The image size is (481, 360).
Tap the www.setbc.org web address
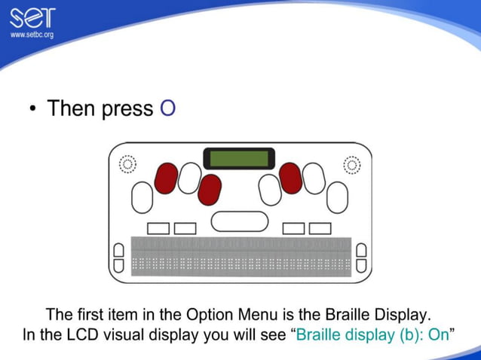click(31, 35)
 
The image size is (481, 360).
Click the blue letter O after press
click(167, 108)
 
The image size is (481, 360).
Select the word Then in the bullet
click(72, 108)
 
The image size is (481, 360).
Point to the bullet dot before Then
click(33, 110)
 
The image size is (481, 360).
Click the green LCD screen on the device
click(239, 159)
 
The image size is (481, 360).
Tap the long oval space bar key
click(239, 221)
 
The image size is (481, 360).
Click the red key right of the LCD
click(290, 178)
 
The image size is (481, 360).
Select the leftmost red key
click(165, 178)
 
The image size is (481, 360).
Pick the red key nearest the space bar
click(210, 190)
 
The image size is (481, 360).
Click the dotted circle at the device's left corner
click(127, 164)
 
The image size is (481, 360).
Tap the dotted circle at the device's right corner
click(351, 164)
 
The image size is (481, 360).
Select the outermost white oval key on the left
click(142, 197)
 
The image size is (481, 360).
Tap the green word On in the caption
click(438, 334)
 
